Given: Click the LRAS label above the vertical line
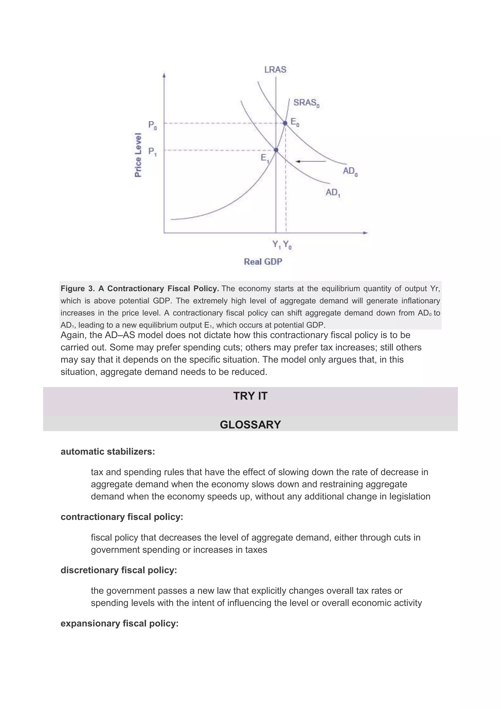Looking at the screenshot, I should [x=275, y=70].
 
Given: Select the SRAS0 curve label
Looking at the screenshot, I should [x=306, y=103].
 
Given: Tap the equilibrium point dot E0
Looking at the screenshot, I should [x=285, y=123].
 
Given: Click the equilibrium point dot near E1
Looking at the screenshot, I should [x=276, y=150].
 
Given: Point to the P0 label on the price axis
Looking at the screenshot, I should [x=152, y=125].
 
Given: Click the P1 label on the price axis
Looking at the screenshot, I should [x=152, y=152].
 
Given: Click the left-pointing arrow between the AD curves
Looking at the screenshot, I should [x=310, y=161].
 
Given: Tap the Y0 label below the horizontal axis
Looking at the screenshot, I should [x=287, y=245].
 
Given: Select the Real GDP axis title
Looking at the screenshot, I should [x=263, y=262].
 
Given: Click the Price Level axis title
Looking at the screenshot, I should [x=138, y=155].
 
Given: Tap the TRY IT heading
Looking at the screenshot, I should [x=250, y=396].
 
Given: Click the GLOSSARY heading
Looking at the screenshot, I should [x=250, y=425].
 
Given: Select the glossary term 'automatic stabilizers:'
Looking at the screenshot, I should [x=108, y=452].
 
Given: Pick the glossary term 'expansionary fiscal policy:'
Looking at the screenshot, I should [x=119, y=624].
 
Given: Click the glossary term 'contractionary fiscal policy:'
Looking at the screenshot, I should [x=122, y=517].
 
